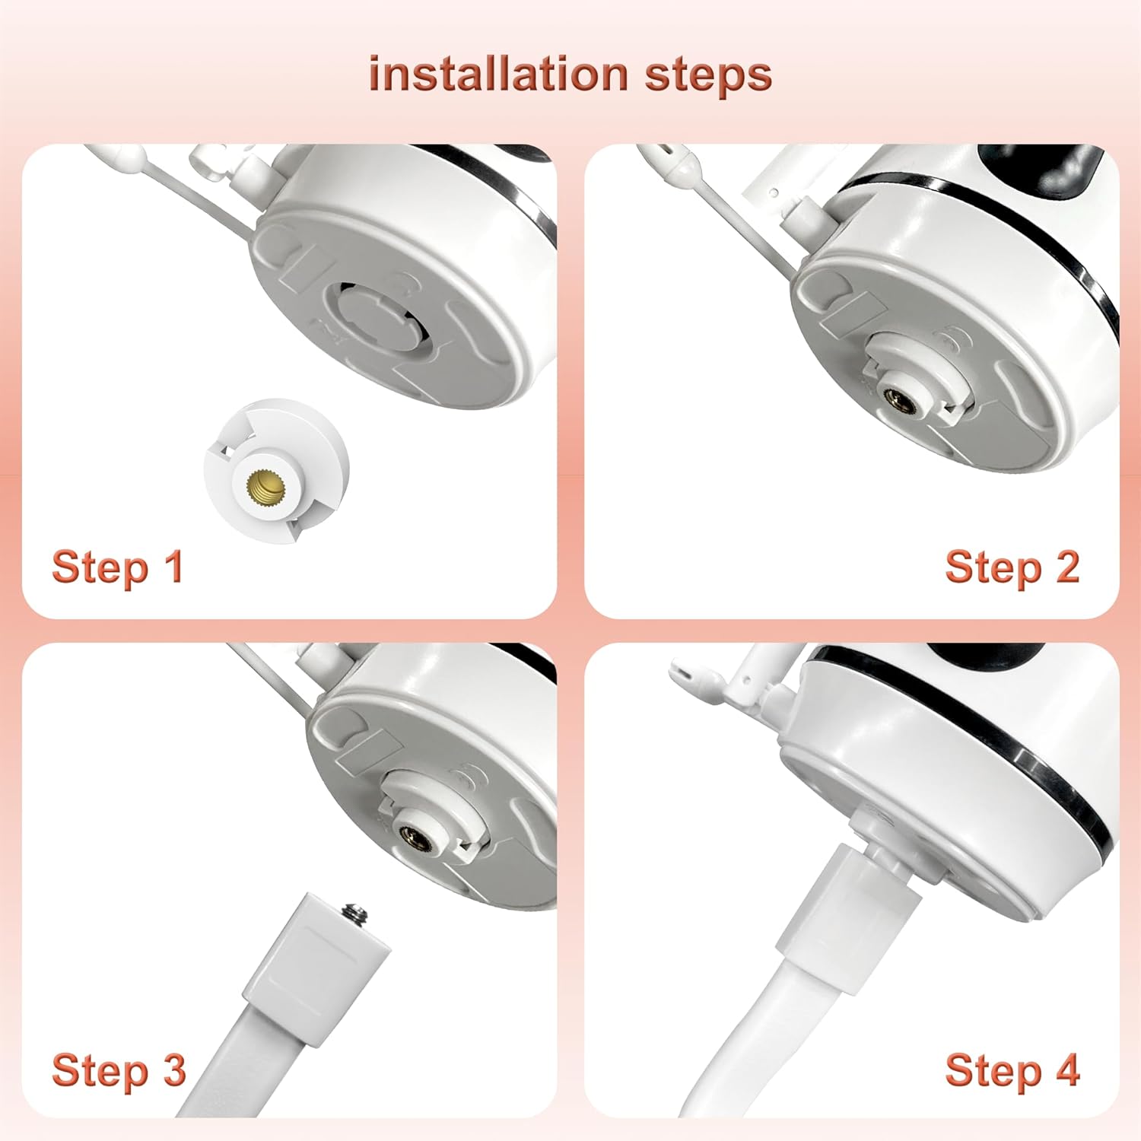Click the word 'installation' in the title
(x=498, y=75)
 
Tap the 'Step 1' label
(x=118, y=567)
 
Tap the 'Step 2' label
(x=1012, y=567)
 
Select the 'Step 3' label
(x=119, y=1071)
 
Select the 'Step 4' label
(x=1012, y=1071)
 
